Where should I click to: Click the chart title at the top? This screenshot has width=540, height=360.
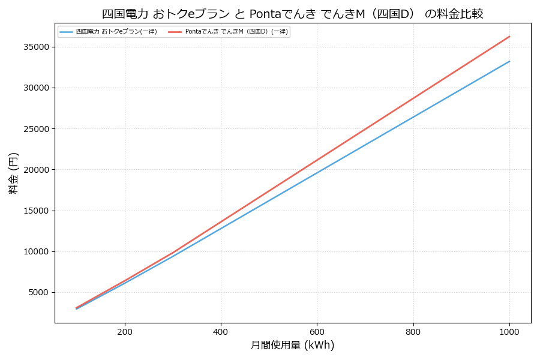point(292,14)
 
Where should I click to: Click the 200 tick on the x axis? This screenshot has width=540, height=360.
point(125,331)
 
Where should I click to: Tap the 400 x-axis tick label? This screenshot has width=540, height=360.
point(221,331)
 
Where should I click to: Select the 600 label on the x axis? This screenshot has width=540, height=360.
point(317,331)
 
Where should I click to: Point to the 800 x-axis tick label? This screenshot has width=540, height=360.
point(413,331)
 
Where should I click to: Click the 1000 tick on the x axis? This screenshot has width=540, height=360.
point(509,331)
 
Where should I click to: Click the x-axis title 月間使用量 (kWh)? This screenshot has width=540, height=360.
point(292,346)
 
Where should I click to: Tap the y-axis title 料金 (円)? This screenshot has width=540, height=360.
point(13,173)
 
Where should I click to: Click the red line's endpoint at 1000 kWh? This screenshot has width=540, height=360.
point(509,37)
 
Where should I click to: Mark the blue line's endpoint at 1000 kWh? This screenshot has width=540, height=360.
point(509,61)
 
